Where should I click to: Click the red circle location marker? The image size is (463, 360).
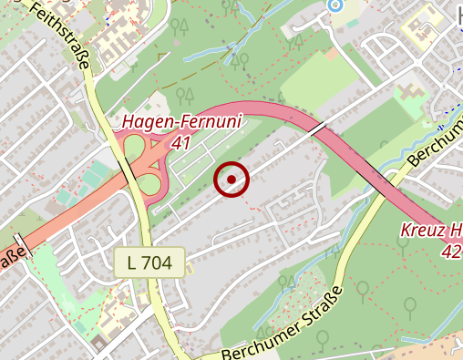pyautogui.click(x=231, y=180)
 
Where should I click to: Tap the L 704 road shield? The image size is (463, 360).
pyautogui.click(x=150, y=263)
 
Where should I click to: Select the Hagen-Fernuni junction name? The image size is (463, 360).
pyautogui.click(x=178, y=123)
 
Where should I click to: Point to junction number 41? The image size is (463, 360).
pyautogui.click(x=180, y=142)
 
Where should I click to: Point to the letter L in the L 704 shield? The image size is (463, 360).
pyautogui.click(x=133, y=263)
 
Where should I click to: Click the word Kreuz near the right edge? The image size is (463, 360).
pyautogui.click(x=417, y=231)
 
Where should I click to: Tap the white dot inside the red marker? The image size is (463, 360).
pyautogui.click(x=231, y=180)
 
